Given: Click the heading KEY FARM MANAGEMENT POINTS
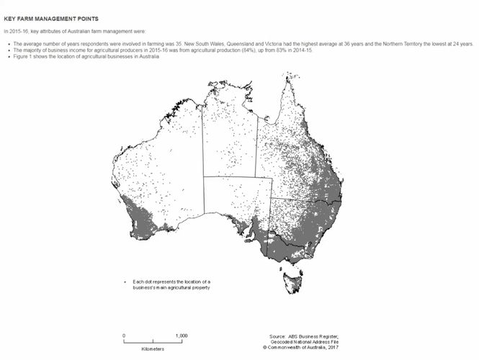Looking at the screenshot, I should point(51,17).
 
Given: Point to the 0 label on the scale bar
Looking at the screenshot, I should point(124,336).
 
